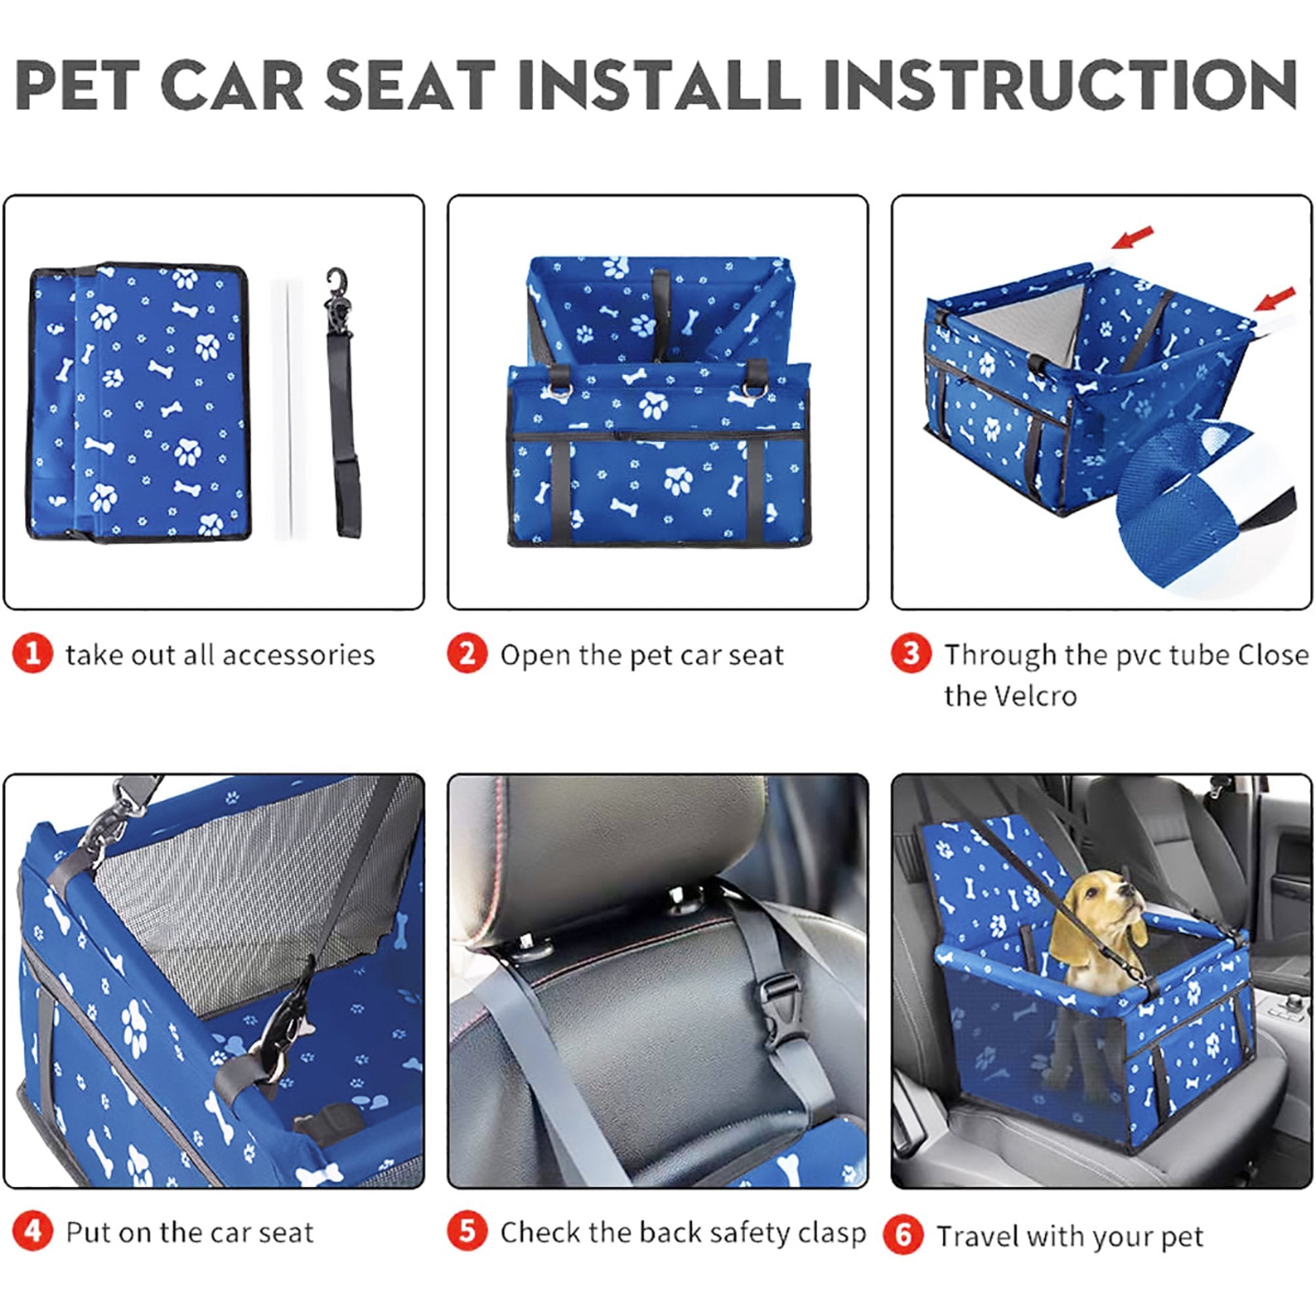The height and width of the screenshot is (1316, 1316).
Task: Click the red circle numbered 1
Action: [32, 654]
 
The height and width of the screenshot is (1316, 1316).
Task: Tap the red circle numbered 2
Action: [467, 654]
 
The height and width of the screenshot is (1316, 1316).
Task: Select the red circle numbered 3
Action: [911, 654]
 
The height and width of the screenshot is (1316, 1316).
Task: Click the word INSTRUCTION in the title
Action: [1059, 85]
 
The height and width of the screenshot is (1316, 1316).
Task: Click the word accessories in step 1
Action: [297, 655]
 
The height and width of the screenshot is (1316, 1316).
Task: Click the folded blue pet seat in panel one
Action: [139, 402]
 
